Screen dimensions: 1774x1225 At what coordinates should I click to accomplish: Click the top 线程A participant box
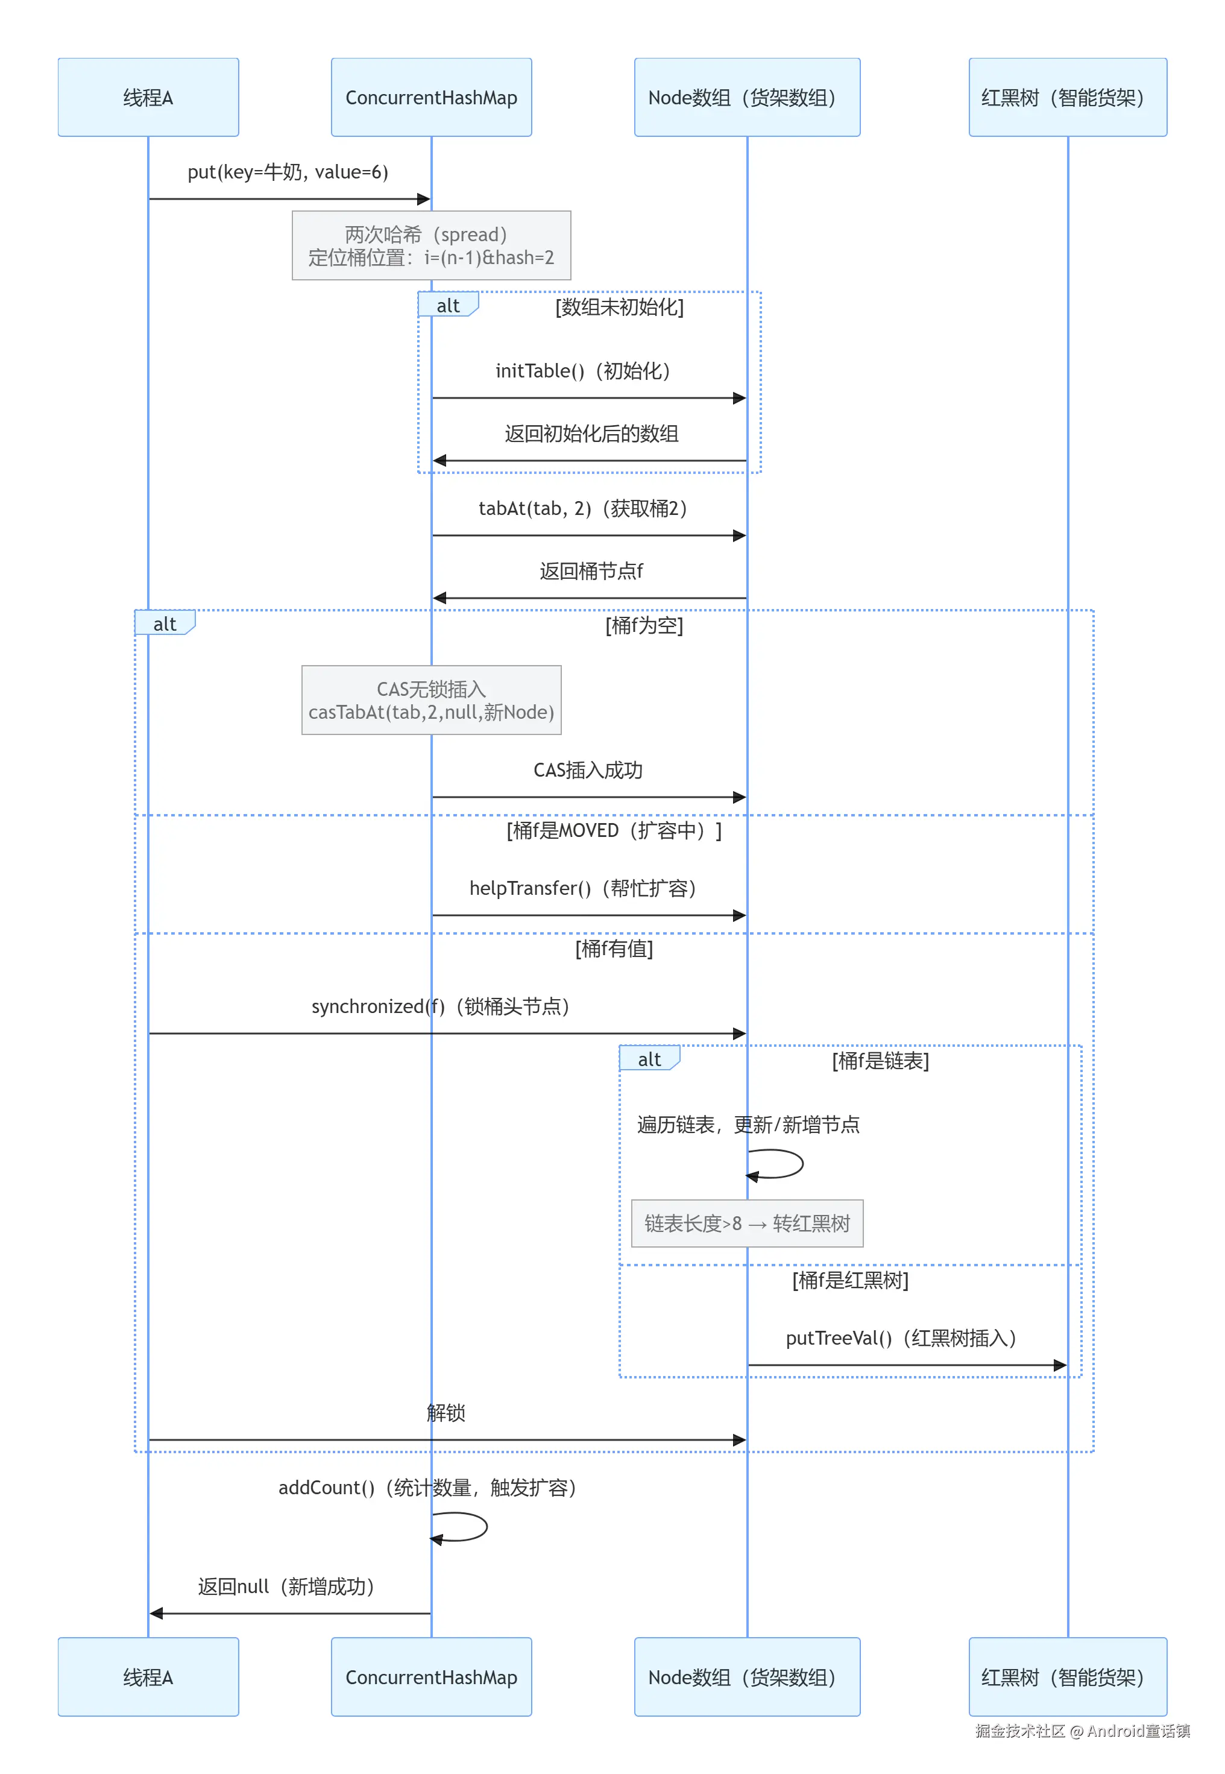pos(148,98)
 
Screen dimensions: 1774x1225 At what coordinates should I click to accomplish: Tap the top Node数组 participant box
pos(747,98)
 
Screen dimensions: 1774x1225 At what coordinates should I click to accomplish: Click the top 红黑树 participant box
pos(1067,98)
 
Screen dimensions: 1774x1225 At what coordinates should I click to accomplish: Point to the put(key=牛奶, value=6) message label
pos(288,172)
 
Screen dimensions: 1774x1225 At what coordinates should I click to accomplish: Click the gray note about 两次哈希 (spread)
pos(432,245)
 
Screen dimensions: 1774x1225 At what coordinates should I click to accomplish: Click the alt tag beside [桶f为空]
pos(164,623)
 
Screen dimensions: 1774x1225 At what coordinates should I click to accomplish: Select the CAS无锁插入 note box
pos(432,700)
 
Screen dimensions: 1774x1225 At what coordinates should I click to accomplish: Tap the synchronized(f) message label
pos(441,1006)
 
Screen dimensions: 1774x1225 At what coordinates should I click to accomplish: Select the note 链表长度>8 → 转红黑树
pos(747,1223)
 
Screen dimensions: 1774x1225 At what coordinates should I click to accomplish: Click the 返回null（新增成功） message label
pos(286,1586)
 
